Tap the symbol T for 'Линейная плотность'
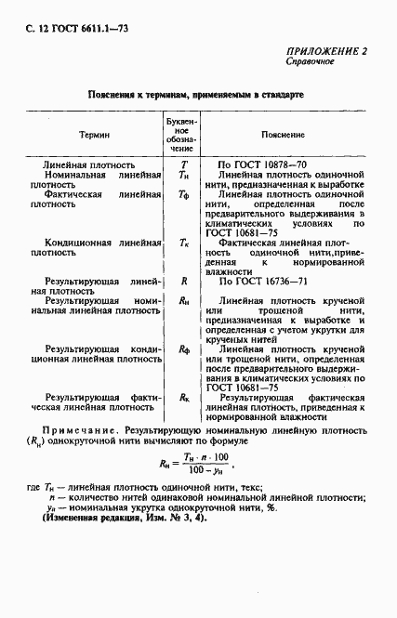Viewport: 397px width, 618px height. click(x=183, y=164)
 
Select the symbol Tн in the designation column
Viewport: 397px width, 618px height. click(x=183, y=175)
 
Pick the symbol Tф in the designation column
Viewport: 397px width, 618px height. click(x=183, y=196)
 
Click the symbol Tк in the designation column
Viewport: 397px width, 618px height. click(x=183, y=242)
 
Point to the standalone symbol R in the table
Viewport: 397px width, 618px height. click(x=183, y=279)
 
